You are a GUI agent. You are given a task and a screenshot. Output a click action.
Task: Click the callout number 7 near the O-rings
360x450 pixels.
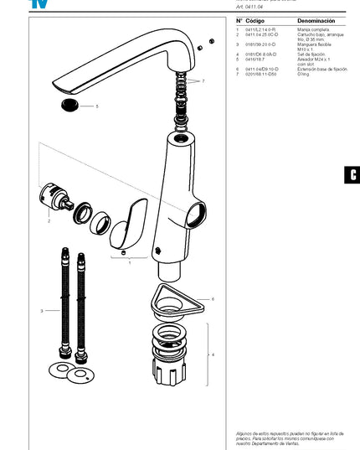[201, 81]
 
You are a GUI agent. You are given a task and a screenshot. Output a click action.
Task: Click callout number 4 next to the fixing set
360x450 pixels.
[212, 355]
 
